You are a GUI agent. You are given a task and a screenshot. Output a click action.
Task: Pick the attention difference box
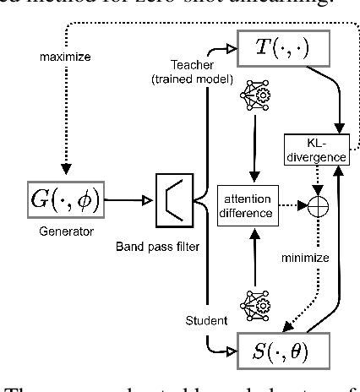pos(247,204)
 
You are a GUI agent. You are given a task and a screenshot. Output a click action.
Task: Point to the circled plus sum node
pos(320,204)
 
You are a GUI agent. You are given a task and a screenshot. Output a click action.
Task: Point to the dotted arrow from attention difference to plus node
pos(295,204)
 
